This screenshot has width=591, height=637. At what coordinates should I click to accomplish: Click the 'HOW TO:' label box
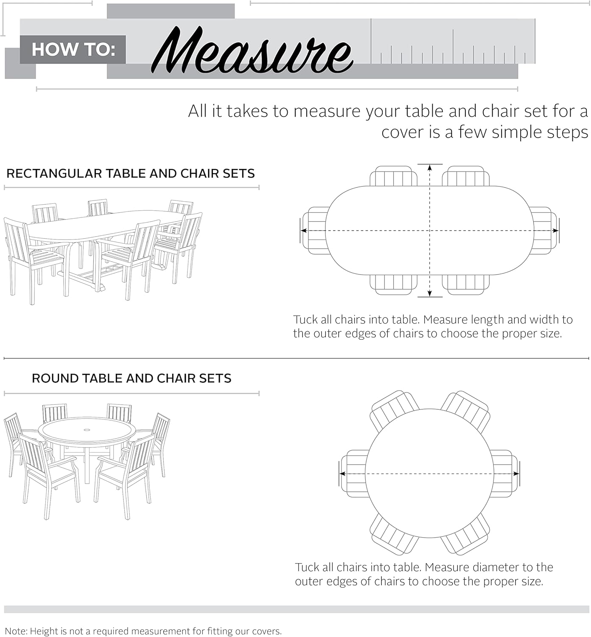coord(73,50)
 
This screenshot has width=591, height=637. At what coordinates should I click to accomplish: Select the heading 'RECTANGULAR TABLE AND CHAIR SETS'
coord(131,174)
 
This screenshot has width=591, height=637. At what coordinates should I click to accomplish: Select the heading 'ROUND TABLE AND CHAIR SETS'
coord(132,378)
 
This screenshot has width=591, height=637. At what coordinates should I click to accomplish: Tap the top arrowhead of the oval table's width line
coord(430,168)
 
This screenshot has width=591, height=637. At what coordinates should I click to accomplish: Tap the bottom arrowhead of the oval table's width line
coord(430,293)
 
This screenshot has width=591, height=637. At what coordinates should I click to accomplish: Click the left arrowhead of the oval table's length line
coord(304,231)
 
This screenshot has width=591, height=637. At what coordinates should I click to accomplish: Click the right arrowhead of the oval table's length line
coord(555,231)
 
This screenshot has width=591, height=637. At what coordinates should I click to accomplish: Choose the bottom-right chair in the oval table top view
coord(466,285)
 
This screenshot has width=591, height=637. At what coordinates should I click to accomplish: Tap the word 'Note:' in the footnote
coord(16,631)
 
